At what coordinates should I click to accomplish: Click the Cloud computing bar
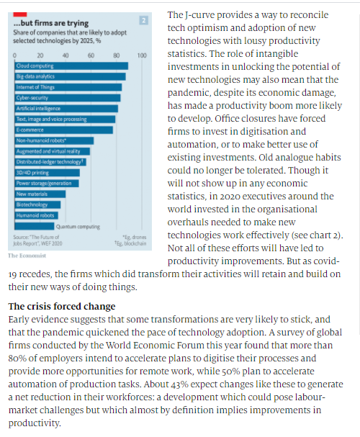(x=71, y=66)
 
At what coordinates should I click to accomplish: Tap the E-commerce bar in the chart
(x=63, y=130)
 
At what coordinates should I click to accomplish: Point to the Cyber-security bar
(x=68, y=97)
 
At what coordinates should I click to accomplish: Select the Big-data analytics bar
(x=69, y=76)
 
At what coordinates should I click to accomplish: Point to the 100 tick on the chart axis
(x=141, y=55)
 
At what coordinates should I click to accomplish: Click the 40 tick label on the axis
(x=66, y=55)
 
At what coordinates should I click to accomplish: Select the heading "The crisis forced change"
(x=56, y=307)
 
